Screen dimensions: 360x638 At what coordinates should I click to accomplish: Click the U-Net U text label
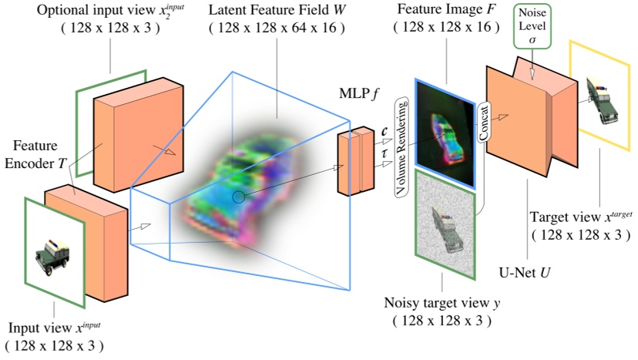tap(526, 271)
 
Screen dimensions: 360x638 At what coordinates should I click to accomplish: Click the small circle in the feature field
tap(239, 197)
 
